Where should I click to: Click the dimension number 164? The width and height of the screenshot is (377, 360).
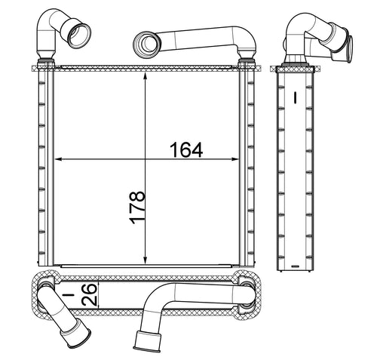(x=186, y=150)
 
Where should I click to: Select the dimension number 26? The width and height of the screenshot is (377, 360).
(x=90, y=294)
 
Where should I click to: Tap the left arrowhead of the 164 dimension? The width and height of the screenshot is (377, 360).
(x=58, y=159)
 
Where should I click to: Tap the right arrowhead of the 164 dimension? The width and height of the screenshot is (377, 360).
(x=234, y=159)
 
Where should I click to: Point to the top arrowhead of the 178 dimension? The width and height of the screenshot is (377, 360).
(x=145, y=76)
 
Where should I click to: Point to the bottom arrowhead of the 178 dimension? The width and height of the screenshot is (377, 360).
(x=145, y=260)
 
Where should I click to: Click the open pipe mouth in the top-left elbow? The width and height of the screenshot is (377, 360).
(x=79, y=35)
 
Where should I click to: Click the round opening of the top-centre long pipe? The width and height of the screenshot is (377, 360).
(x=147, y=44)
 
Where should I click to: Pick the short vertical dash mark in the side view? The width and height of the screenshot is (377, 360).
(x=296, y=97)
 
